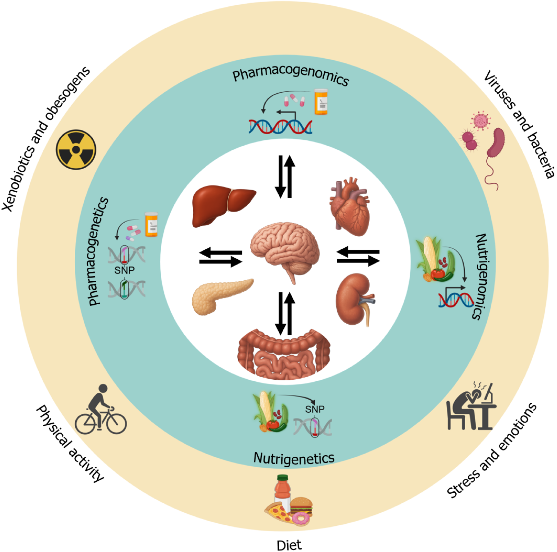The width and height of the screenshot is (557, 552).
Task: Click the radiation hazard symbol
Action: tap(76, 149)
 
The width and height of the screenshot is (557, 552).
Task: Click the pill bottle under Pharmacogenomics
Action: tap(321, 102)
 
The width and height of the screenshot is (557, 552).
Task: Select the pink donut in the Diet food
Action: tap(301, 519)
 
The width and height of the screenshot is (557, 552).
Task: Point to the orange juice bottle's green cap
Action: tap(283, 478)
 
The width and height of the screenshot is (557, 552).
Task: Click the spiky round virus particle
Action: tap(481, 120)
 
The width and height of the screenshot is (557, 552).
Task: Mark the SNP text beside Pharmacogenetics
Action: tap(124, 270)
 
